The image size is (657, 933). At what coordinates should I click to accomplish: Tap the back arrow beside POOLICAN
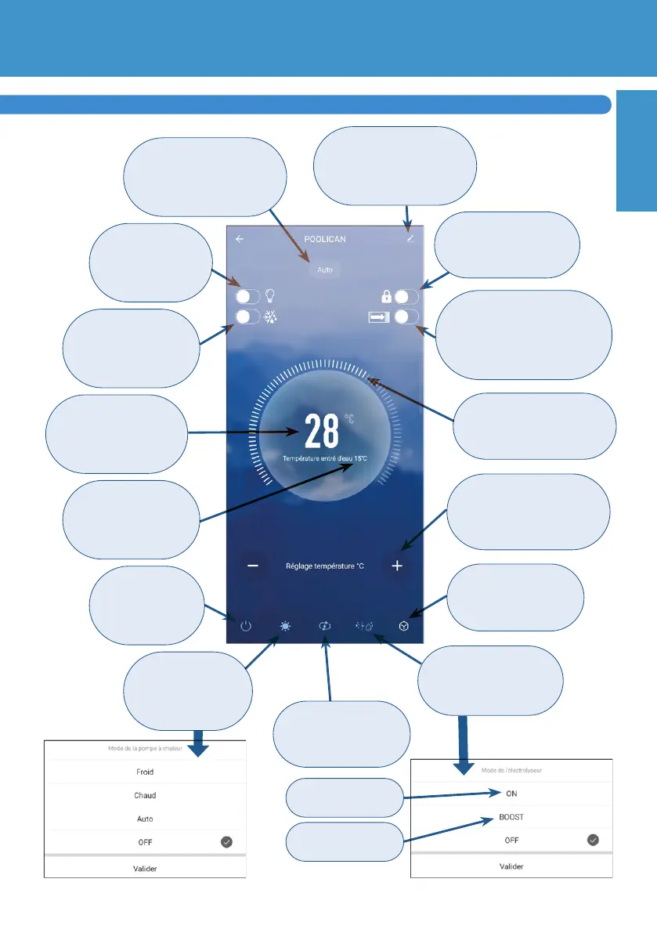pyautogui.click(x=240, y=240)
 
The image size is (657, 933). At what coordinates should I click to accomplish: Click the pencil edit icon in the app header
pyautogui.click(x=410, y=239)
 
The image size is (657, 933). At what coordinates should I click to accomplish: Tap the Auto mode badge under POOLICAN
pyautogui.click(x=325, y=269)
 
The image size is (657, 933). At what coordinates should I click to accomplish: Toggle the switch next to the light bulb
pyautogui.click(x=248, y=298)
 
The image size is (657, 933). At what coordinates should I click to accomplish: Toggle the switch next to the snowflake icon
pyautogui.click(x=248, y=316)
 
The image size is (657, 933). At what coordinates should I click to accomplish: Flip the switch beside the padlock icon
pyautogui.click(x=407, y=298)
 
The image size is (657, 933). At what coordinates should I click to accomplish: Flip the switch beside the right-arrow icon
pyautogui.click(x=407, y=316)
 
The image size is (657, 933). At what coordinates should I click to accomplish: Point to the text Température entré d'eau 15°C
pyautogui.click(x=325, y=457)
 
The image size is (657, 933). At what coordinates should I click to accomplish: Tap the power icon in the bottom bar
pyautogui.click(x=246, y=627)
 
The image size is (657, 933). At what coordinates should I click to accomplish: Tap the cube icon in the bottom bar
pyautogui.click(x=403, y=627)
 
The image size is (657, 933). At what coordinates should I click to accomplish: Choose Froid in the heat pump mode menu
pyautogui.click(x=145, y=772)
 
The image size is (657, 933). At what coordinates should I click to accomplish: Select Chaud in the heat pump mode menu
pyautogui.click(x=145, y=795)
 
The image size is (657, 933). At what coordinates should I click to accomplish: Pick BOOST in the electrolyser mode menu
pyautogui.click(x=511, y=816)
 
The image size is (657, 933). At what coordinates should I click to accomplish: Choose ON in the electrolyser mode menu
pyautogui.click(x=511, y=794)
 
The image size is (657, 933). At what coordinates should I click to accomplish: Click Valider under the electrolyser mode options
pyautogui.click(x=511, y=866)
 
